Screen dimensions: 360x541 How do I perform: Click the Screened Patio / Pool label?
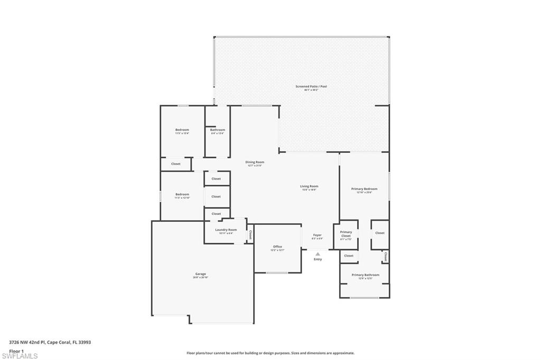(x=311, y=86)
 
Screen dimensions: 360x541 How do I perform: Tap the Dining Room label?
(x=255, y=162)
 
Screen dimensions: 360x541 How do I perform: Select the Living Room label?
(x=309, y=186)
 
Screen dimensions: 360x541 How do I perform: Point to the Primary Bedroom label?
(x=365, y=188)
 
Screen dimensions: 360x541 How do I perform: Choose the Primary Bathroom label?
(x=365, y=275)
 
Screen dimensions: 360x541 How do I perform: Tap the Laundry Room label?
(x=226, y=230)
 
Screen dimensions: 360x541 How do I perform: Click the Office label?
(x=277, y=247)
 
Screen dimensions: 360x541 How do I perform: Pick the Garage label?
(x=200, y=274)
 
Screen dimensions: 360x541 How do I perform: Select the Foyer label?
(x=317, y=235)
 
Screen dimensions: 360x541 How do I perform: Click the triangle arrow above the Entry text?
(x=318, y=254)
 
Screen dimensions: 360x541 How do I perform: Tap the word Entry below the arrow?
(x=318, y=259)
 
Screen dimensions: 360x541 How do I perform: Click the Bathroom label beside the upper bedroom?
(x=217, y=130)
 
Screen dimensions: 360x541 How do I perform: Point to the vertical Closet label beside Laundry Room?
(x=250, y=234)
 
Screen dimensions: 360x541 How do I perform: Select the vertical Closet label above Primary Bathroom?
(x=386, y=257)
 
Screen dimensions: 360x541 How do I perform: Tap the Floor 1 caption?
(x=16, y=350)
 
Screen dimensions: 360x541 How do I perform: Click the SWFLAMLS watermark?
(x=20, y=356)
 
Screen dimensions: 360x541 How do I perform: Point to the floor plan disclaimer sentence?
(x=270, y=353)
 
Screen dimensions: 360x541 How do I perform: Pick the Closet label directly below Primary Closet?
(x=349, y=256)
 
